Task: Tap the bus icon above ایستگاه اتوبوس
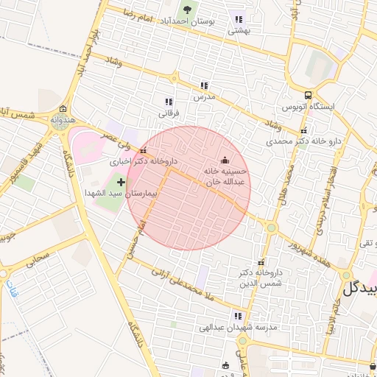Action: pyautogui.click(x=308, y=95)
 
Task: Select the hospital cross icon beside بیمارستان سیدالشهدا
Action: pyautogui.click(x=121, y=181)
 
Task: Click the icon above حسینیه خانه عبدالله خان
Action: pyautogui.click(x=225, y=161)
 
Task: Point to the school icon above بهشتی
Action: pyautogui.click(x=238, y=19)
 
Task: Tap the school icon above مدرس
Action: pyautogui.click(x=204, y=85)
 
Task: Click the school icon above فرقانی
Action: pyautogui.click(x=169, y=102)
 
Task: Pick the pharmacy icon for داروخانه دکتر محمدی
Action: pyautogui.click(x=303, y=131)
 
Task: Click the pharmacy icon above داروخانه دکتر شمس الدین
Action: pyautogui.click(x=260, y=262)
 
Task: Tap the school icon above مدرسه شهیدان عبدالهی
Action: pyautogui.click(x=236, y=315)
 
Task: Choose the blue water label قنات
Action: pyautogui.click(x=10, y=288)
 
